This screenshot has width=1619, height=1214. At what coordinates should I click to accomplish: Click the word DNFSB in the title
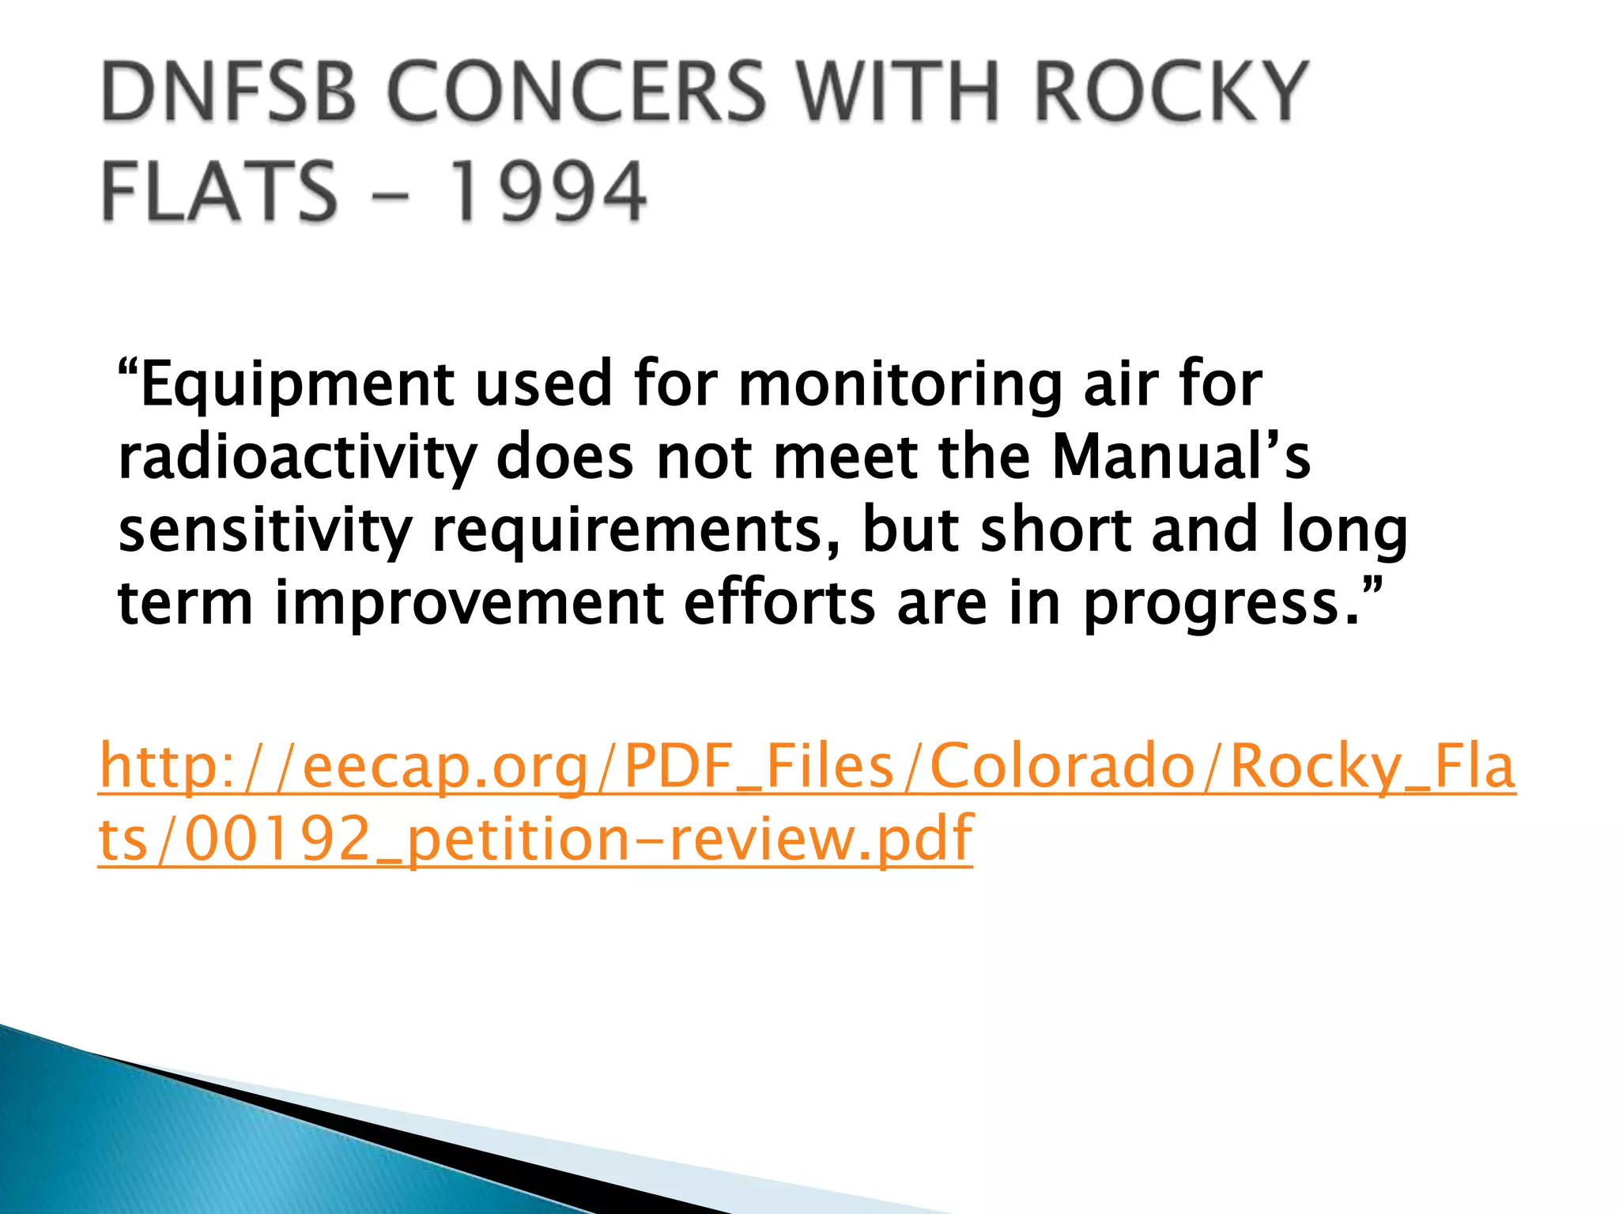228,92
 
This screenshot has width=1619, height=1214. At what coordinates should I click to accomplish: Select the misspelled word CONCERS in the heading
576,92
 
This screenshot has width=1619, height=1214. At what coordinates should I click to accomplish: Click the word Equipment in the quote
296,385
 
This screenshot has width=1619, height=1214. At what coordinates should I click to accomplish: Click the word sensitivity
265,531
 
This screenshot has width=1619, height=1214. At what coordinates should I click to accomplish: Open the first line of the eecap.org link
807,767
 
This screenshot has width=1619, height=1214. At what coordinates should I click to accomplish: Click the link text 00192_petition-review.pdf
578,839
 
